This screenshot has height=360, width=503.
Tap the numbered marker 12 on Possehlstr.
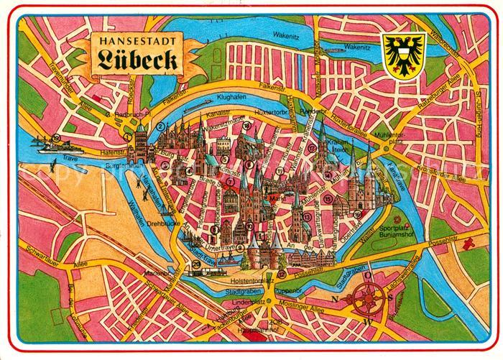pos(282,274)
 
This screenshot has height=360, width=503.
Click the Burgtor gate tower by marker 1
pos(141,140)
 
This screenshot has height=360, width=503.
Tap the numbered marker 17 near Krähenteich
pos(312,148)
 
